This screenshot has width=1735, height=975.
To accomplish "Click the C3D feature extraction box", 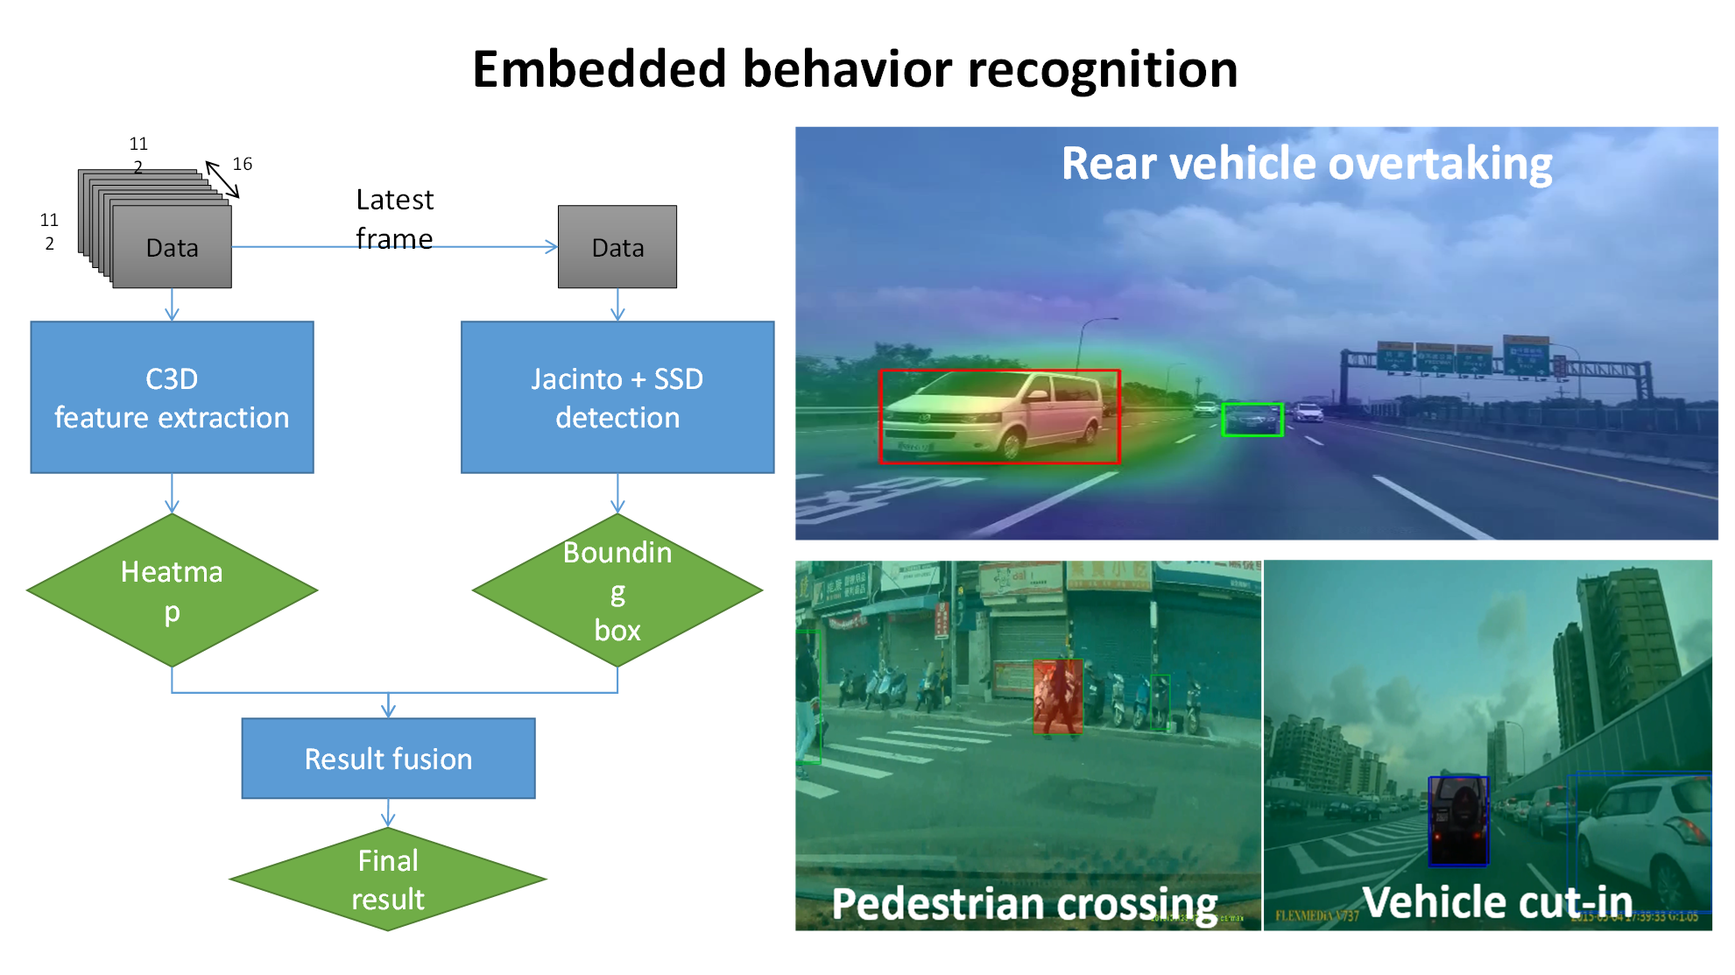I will pyautogui.click(x=172, y=397).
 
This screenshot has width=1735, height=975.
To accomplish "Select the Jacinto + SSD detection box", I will pyautogui.click(x=617, y=397).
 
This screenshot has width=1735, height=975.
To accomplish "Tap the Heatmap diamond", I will pyautogui.click(x=172, y=590).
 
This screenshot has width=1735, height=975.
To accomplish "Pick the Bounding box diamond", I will pyautogui.click(x=617, y=590).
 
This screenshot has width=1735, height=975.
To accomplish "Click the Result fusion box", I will pyautogui.click(x=388, y=759).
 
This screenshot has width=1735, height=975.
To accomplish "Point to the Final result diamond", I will pyautogui.click(x=388, y=880).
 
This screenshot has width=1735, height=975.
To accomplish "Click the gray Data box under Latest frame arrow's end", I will pyautogui.click(x=617, y=247).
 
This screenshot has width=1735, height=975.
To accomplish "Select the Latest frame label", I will pyautogui.click(x=394, y=219).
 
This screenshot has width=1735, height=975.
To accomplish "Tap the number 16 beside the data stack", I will pyautogui.click(x=243, y=164).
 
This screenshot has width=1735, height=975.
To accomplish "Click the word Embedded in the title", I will pyautogui.click(x=599, y=69).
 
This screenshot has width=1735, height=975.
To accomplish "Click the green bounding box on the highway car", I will pyautogui.click(x=1252, y=420).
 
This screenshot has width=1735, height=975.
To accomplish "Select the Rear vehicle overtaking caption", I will pyautogui.click(x=1307, y=164).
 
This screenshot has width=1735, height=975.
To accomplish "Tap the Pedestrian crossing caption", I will pyautogui.click(x=1024, y=903).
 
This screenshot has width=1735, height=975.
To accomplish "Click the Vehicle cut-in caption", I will pyautogui.click(x=1498, y=901).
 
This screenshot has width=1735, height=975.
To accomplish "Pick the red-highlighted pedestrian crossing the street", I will pyautogui.click(x=1058, y=696).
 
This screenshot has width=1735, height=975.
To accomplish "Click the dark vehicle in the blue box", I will pyautogui.click(x=1458, y=819).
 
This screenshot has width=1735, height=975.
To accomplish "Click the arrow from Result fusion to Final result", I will pyautogui.click(x=388, y=813).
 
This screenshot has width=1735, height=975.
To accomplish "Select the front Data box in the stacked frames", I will pyautogui.click(x=172, y=247).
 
